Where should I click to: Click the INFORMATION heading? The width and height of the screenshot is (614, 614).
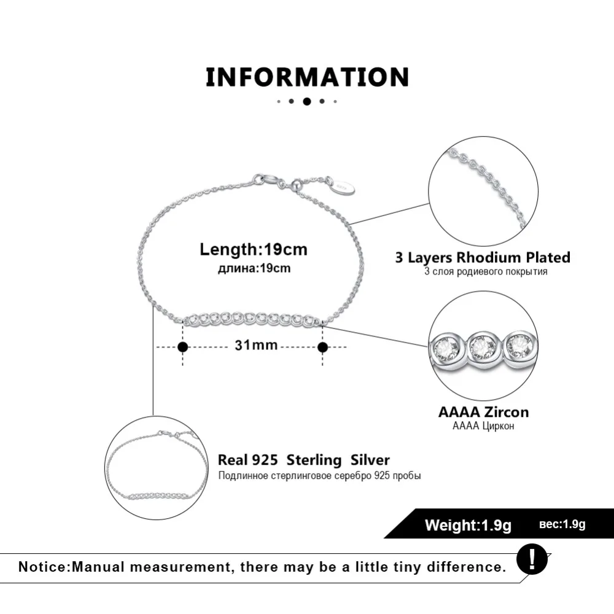307,77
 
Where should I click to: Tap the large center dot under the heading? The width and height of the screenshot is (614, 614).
307,101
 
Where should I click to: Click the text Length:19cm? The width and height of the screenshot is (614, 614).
254,250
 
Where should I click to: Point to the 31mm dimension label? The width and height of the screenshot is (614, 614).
256,346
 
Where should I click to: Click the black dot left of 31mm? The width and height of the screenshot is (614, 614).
182,347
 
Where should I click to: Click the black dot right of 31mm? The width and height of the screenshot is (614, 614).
323,347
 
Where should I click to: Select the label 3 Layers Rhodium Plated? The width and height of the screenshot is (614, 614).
483,257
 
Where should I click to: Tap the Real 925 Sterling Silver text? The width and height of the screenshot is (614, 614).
304,460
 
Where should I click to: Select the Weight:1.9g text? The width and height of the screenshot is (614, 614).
468,525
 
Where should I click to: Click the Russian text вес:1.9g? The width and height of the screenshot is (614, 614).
562,524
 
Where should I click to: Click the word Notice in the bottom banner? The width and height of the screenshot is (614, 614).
43,566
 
